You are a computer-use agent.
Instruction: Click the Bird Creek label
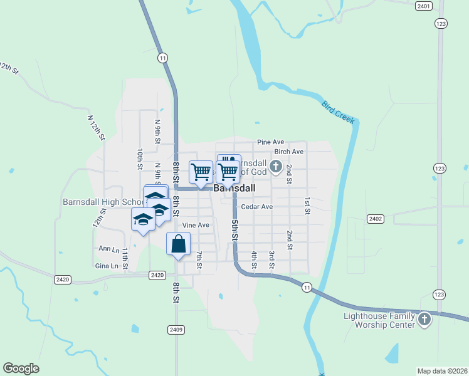tap(338, 112)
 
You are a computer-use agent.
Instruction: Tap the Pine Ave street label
tap(270, 142)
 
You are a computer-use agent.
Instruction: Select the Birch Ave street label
tap(288, 152)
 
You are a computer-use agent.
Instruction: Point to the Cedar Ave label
tap(256, 206)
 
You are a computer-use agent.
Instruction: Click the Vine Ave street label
tap(195, 225)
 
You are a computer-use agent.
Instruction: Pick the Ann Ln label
tap(108, 249)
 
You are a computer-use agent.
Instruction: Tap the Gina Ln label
tap(106, 266)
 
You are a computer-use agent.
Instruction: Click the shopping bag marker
tap(179, 244)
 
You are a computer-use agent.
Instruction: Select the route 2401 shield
tap(424, 6)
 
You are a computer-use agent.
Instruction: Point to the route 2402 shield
tap(376, 219)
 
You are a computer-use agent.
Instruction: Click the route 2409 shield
tap(176, 329)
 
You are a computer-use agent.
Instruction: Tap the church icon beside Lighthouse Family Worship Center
tap(424, 320)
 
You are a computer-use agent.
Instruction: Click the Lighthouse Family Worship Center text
tap(379, 320)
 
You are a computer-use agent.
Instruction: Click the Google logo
tap(21, 368)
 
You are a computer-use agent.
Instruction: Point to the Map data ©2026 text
tap(442, 371)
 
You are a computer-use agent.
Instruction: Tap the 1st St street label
tap(307, 206)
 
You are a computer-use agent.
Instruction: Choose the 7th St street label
tap(199, 260)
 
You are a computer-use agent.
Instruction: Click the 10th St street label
tap(140, 159)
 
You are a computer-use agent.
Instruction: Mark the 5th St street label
tap(234, 229)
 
